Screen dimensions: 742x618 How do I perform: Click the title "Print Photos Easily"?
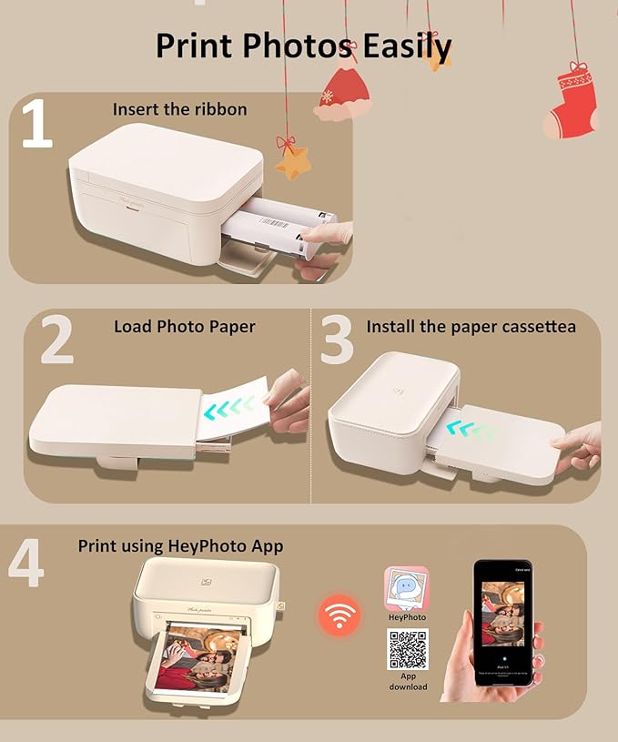click(x=303, y=45)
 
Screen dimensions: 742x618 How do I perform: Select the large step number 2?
click(x=56, y=340)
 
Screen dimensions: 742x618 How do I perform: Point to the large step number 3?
click(x=337, y=340)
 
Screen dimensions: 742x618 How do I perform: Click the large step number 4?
click(x=25, y=564)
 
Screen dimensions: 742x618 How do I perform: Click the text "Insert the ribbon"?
click(x=179, y=109)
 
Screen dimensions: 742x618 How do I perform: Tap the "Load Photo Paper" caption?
click(x=184, y=326)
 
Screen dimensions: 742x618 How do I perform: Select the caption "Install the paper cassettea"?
click(x=471, y=326)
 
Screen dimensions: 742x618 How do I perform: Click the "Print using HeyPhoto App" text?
click(x=180, y=546)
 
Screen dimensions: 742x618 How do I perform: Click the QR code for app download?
click(x=407, y=648)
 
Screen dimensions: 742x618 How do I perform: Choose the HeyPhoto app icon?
click(x=407, y=588)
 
